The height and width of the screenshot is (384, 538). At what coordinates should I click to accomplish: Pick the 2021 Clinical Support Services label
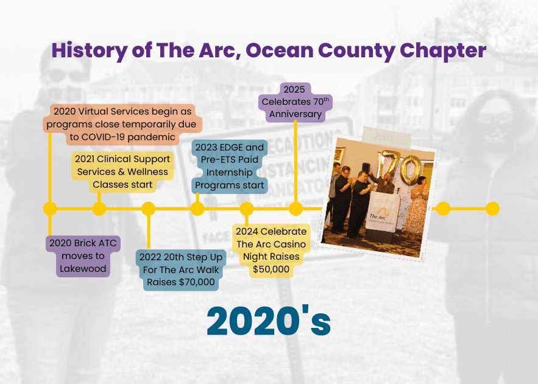pyautogui.click(x=122, y=171)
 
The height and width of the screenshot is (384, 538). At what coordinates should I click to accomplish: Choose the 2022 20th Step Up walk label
pyautogui.click(x=181, y=269)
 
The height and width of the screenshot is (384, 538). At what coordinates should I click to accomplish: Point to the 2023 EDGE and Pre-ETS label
pyautogui.click(x=230, y=166)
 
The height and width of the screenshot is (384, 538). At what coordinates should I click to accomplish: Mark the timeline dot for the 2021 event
pyautogui.click(x=99, y=209)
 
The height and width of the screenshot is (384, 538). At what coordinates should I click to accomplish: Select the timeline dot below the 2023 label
pyautogui.click(x=197, y=209)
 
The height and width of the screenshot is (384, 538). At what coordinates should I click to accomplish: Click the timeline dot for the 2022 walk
pyautogui.click(x=148, y=209)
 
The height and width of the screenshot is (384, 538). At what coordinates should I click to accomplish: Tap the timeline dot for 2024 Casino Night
pyautogui.click(x=246, y=209)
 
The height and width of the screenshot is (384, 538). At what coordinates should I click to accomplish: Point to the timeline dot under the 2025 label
pyautogui.click(x=296, y=209)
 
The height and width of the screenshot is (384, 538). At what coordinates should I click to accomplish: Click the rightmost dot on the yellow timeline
pyautogui.click(x=492, y=208)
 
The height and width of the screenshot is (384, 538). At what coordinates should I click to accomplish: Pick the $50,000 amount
pyautogui.click(x=271, y=269)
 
